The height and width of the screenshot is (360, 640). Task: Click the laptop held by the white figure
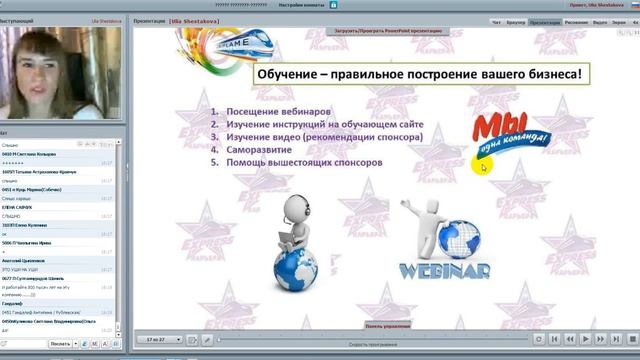(284, 234)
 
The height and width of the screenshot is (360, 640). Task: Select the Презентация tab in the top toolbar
(545, 21)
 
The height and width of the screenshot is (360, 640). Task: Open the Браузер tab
(517, 21)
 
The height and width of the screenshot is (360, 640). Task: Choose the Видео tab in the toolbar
(599, 21)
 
